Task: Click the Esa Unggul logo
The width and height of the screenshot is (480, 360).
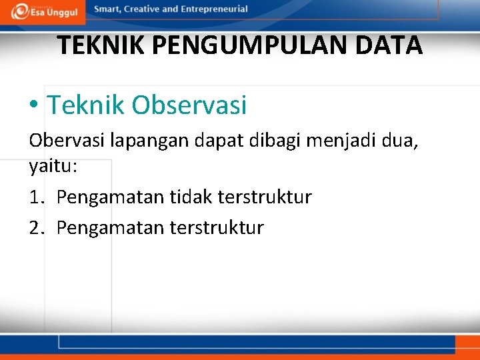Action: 45,11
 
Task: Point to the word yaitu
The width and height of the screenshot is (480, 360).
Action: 51,166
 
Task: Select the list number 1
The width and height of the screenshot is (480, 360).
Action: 35,197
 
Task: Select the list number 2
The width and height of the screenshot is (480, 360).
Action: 35,228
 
